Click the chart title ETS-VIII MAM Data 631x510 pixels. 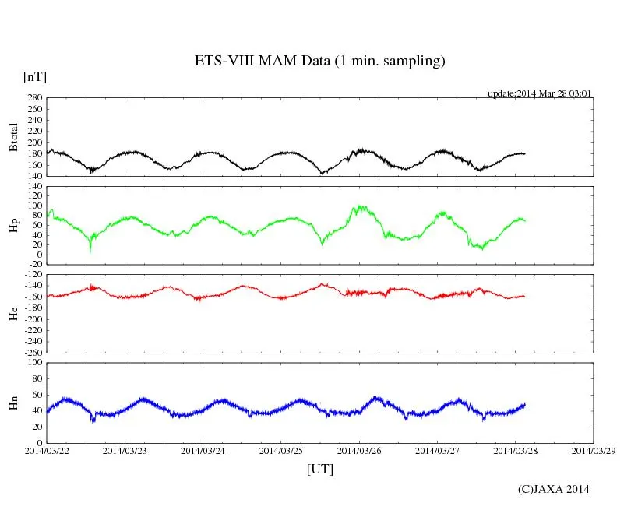[319, 61]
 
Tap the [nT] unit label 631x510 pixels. [34, 76]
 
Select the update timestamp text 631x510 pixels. [540, 93]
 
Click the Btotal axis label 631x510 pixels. [13, 137]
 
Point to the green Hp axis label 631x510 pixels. [13, 225]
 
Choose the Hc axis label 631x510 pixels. [13, 313]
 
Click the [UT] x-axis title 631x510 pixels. [319, 469]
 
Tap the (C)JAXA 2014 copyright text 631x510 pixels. [553, 489]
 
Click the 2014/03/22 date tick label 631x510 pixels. [47, 450]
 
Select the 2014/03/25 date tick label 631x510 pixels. [280, 450]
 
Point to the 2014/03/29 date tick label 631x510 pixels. [592, 450]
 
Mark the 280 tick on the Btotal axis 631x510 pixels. [34, 98]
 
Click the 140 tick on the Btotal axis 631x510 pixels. [34, 176]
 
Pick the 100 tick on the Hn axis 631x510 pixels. [34, 362]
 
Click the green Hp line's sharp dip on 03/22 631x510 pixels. [90, 250]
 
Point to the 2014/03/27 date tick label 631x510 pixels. [436, 450]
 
